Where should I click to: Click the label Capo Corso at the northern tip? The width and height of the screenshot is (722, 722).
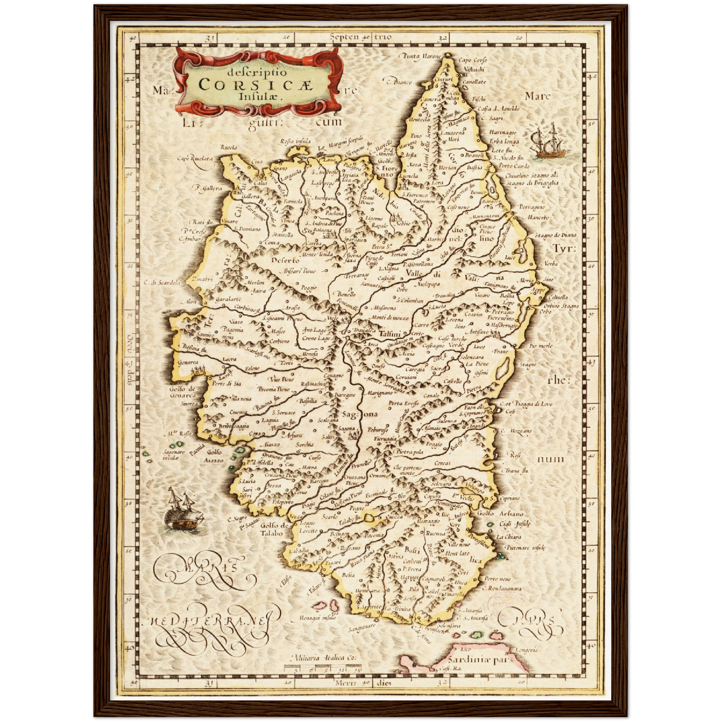point(472,60)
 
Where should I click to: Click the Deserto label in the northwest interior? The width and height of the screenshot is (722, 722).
point(285,260)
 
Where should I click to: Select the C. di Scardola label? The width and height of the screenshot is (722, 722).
point(162,283)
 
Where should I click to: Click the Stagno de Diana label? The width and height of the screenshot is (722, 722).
point(555,235)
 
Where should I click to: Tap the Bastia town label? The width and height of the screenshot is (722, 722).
point(474,168)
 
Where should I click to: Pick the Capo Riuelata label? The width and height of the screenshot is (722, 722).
point(194,158)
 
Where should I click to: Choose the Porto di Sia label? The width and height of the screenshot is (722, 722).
point(226,384)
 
